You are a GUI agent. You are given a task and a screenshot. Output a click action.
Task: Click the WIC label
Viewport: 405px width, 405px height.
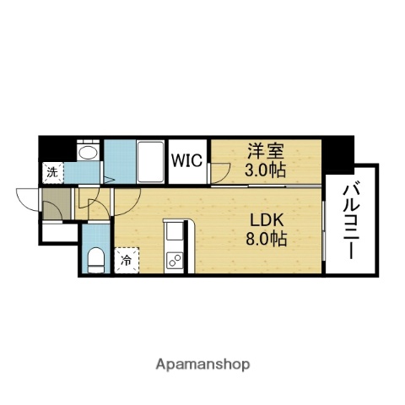(x=187, y=159)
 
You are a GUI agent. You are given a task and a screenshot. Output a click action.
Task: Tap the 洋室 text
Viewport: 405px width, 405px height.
(x=265, y=152)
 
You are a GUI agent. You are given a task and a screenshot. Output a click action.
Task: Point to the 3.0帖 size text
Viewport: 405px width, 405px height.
(x=265, y=169)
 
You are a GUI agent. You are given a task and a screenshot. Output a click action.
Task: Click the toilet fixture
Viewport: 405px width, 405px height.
(x=95, y=257)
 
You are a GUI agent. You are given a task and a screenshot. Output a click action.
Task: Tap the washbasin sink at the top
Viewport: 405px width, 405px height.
(x=87, y=153)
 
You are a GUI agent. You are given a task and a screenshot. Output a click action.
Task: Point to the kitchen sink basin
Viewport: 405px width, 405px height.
(x=175, y=231)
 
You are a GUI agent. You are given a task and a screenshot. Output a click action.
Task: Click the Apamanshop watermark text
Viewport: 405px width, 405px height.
(x=202, y=364)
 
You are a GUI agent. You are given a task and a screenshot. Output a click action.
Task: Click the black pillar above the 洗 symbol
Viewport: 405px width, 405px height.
(x=50, y=148)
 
